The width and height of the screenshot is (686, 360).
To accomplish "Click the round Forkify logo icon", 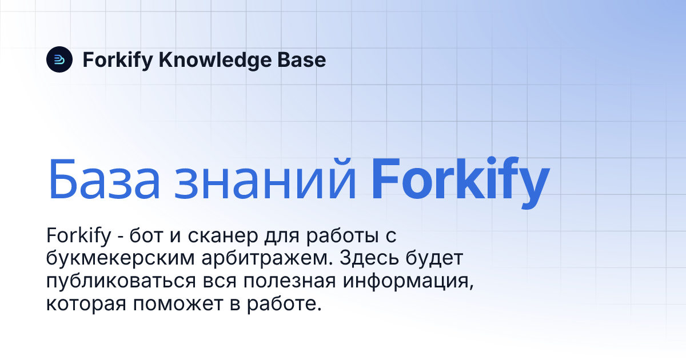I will tap(59, 59).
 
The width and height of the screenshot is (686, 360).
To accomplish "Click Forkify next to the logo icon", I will tap(117, 60).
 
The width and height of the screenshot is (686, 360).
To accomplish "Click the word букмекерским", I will tap(119, 259).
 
